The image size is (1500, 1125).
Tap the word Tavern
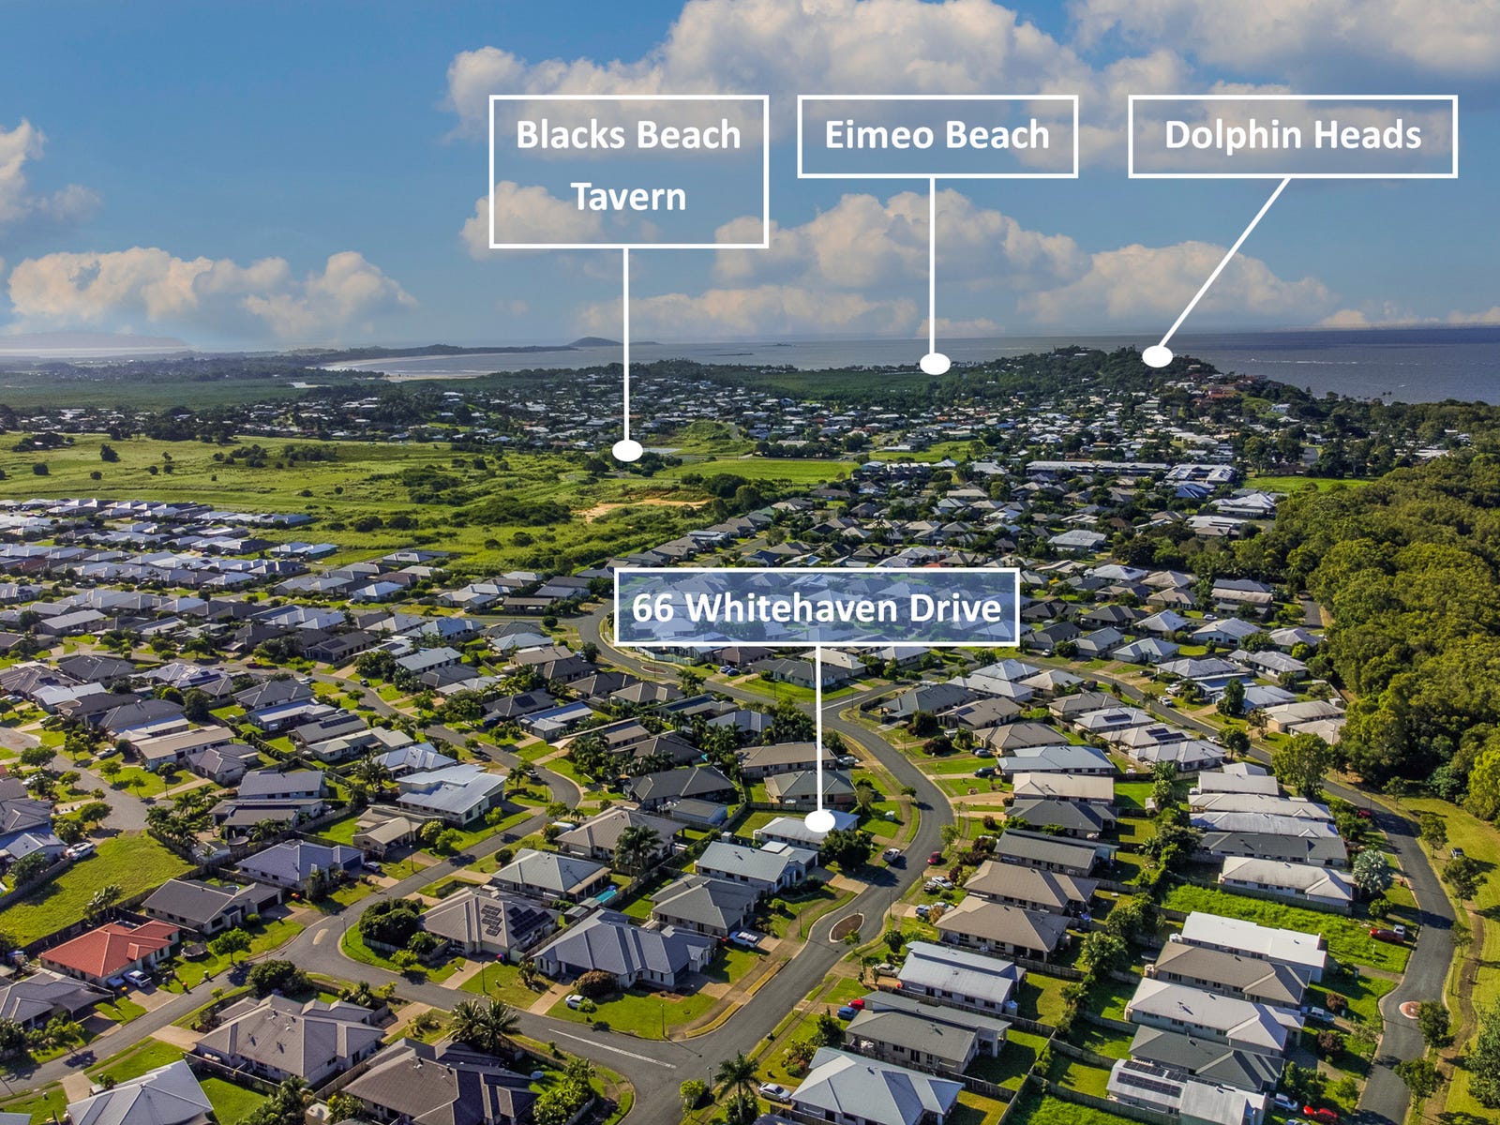tap(628, 197)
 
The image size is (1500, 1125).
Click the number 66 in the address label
tap(652, 607)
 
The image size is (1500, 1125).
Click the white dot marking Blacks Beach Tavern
tap(627, 451)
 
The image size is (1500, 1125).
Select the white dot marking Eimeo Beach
tap(934, 364)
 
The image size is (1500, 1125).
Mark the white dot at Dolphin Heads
tap(1157, 356)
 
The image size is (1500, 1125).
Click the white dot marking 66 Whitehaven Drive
tap(819, 821)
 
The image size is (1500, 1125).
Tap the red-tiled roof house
tap(110, 948)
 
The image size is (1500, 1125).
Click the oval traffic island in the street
tap(847, 927)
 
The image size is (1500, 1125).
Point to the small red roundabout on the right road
tap(1408, 1009)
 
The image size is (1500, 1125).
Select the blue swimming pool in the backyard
tap(606, 895)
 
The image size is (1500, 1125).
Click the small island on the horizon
tap(593, 342)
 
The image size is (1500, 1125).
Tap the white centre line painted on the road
tap(609, 1048)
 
